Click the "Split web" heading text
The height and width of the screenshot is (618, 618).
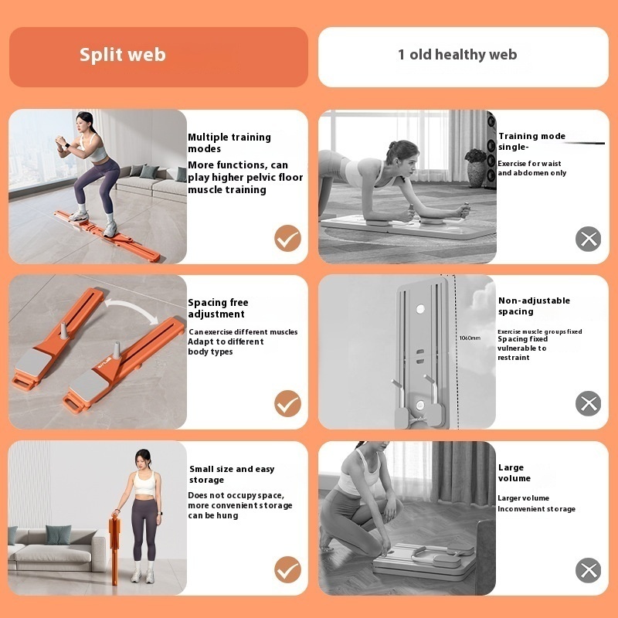(x=123, y=55)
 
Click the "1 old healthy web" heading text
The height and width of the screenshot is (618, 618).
(x=457, y=54)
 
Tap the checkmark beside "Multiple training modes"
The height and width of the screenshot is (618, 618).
(x=287, y=239)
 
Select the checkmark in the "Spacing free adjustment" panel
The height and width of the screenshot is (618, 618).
(x=287, y=403)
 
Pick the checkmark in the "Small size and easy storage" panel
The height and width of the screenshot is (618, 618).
(x=287, y=569)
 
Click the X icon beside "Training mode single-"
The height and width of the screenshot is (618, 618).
(x=589, y=239)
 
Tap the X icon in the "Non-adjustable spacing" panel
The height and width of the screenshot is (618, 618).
(x=589, y=403)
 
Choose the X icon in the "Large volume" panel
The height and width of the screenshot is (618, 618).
(x=589, y=570)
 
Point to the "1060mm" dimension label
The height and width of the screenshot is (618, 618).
(x=470, y=338)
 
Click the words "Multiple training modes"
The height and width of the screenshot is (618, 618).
(x=229, y=143)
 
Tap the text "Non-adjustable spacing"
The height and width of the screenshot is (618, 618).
(x=534, y=306)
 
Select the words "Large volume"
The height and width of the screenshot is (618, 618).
(x=514, y=473)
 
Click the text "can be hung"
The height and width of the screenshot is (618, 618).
(x=213, y=515)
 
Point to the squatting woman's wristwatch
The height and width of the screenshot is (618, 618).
(x=67, y=146)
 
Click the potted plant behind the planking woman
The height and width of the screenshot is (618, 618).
(x=476, y=168)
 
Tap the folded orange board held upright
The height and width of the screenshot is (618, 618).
(x=114, y=547)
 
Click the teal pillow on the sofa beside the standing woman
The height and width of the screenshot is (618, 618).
(x=58, y=535)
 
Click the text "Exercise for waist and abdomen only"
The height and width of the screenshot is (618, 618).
(x=531, y=168)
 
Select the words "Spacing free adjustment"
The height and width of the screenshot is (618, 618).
(x=218, y=308)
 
